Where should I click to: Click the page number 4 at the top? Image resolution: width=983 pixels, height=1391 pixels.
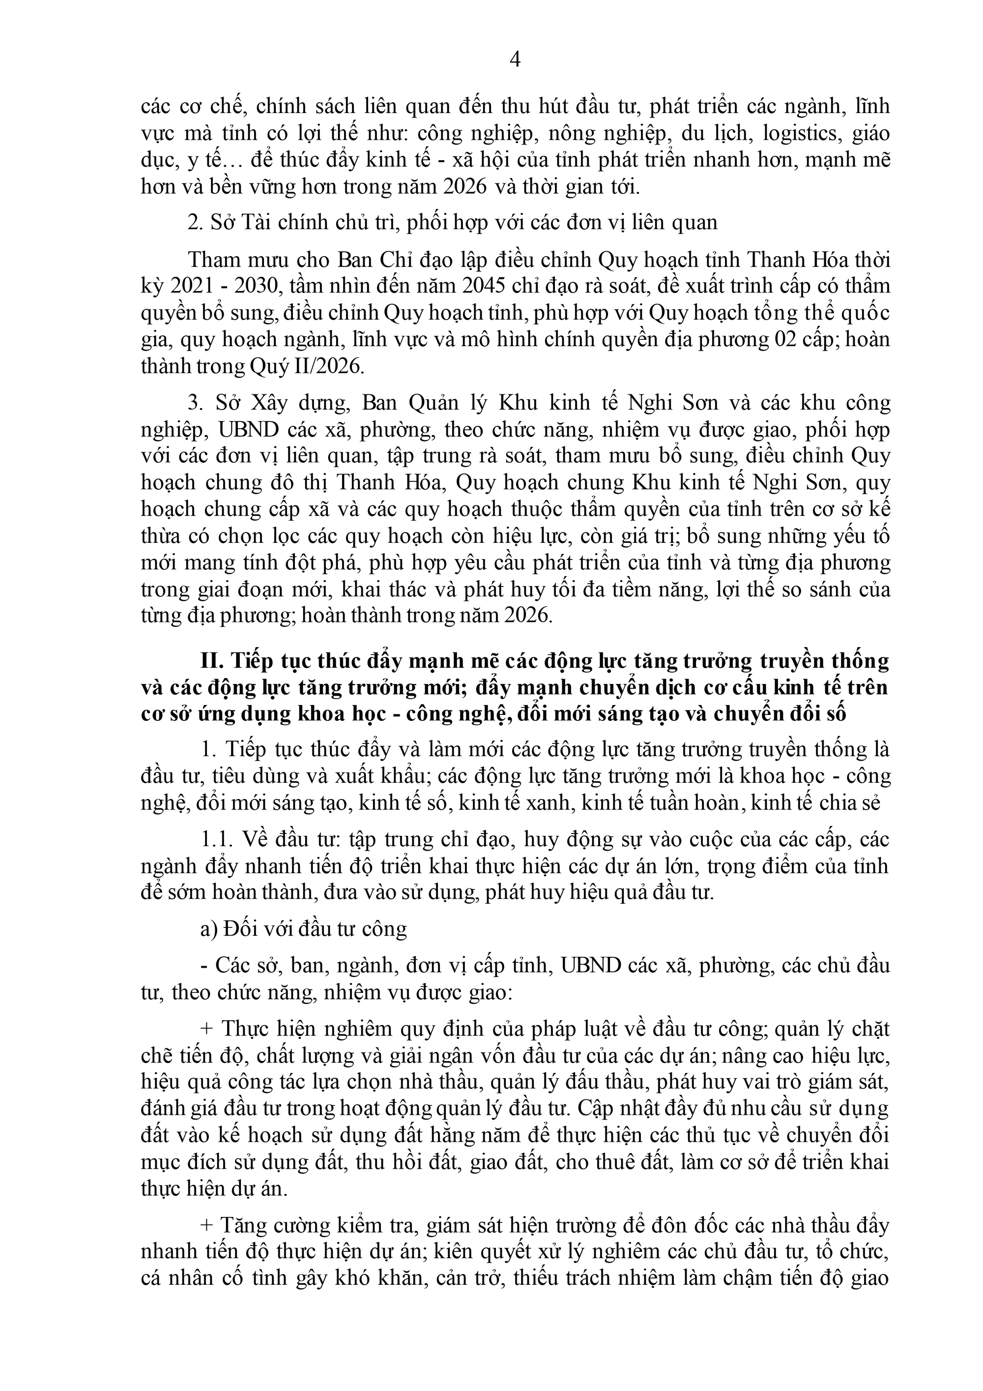(x=516, y=59)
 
